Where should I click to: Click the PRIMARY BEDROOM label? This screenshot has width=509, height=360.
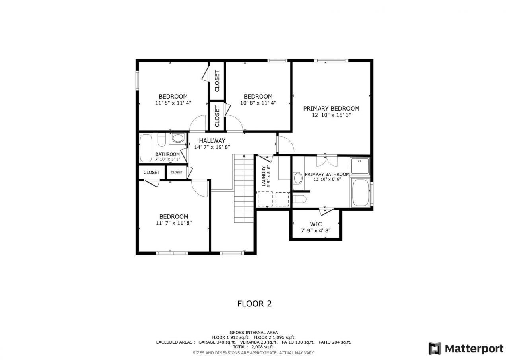tap(331, 108)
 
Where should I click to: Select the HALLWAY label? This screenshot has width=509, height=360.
tap(212, 140)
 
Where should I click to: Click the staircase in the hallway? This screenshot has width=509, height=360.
tap(243, 189)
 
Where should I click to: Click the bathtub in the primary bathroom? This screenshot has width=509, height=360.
tap(360, 193)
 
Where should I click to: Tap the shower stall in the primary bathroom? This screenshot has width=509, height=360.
tap(359, 166)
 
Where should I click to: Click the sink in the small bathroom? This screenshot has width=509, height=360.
tap(178, 138)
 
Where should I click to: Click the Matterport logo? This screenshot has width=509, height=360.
tap(466, 348)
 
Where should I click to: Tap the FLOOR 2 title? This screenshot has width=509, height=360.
tap(254, 304)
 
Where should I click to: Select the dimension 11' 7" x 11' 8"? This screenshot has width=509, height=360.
tap(173, 223)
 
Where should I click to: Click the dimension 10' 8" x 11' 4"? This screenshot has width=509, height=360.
tap(258, 103)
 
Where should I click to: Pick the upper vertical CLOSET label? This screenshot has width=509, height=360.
tap(217, 81)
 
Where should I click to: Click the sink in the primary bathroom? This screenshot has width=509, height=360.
tap(297, 177)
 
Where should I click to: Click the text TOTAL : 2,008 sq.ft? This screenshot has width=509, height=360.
tap(253, 347)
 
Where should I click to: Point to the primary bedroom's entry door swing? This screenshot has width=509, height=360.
tap(284, 144)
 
